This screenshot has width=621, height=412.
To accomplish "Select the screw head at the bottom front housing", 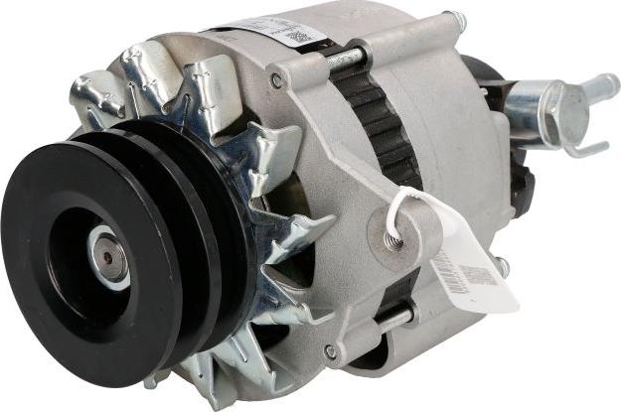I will (329, 351).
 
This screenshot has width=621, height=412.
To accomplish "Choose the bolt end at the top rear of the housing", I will (455, 19).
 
